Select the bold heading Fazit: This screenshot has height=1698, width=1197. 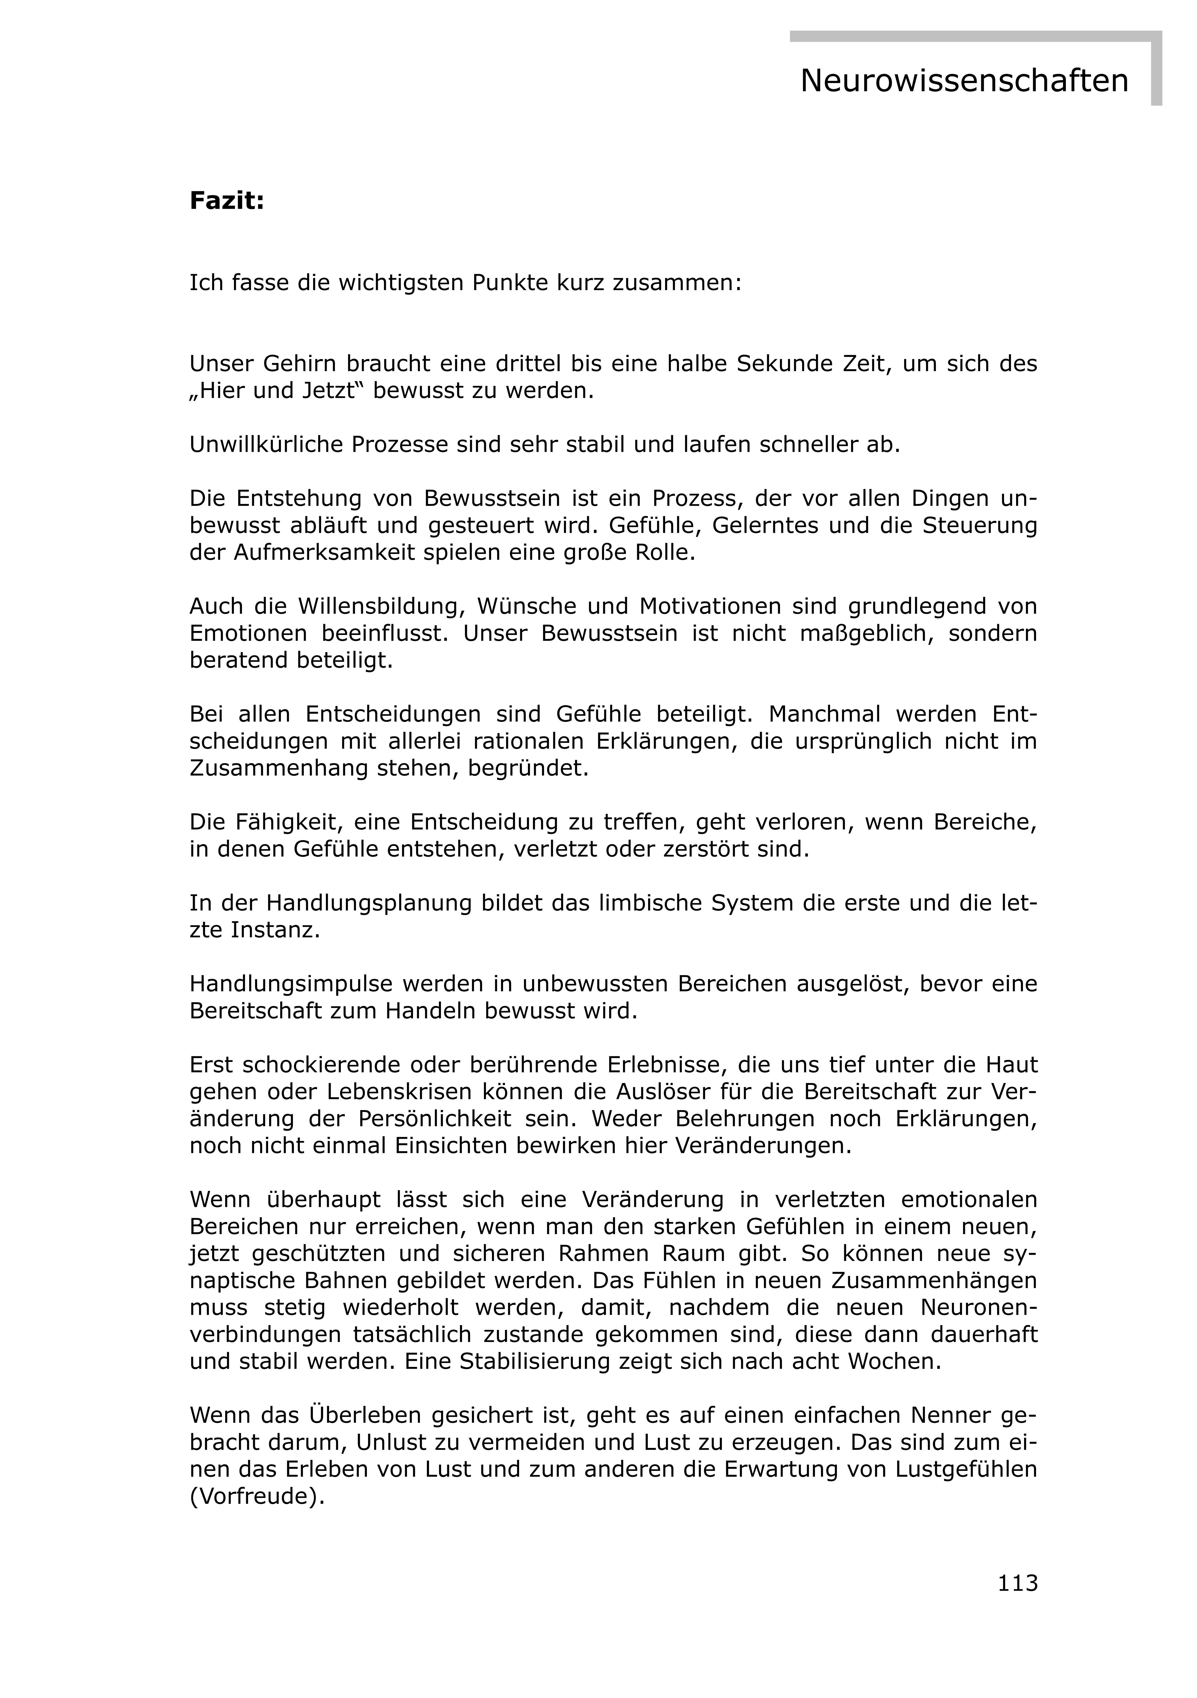tap(227, 200)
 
